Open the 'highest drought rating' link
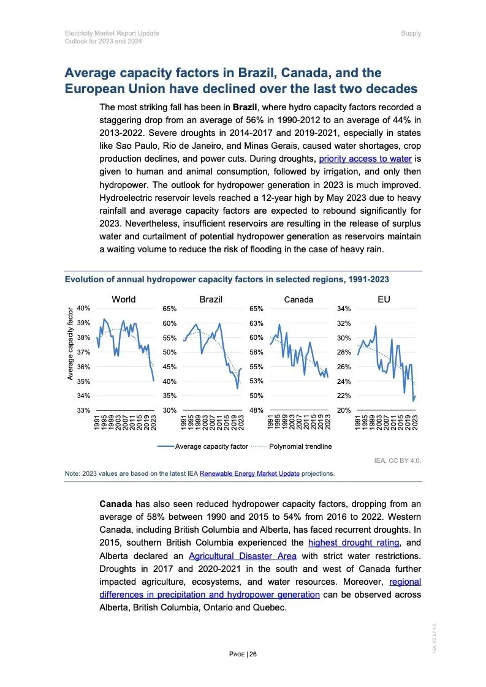pos(354,542)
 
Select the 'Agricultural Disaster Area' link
pos(243,555)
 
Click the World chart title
pos(124,299)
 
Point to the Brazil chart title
pos(211,299)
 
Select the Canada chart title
pos(298,299)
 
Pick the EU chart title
pos(384,299)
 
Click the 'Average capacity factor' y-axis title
pos(70,344)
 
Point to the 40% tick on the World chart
pos(84,309)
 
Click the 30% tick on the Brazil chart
pos(170,410)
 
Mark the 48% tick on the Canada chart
pos(256,410)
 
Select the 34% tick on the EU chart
pos(344,309)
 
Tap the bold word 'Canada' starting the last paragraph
pos(115,504)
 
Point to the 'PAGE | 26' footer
pos(243,654)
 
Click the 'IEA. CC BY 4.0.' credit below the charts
pos(398,459)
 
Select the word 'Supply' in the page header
pos(411,33)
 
